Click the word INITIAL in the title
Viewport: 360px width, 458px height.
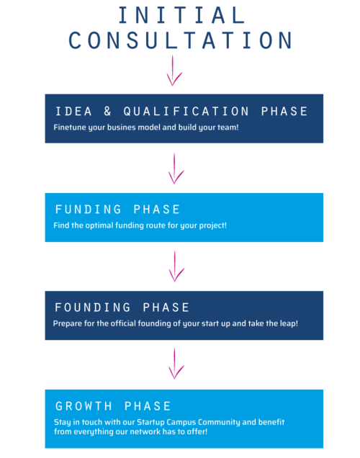pos(181,15)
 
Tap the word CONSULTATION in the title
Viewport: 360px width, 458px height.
pos(181,40)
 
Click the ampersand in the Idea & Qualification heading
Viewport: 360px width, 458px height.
pos(107,111)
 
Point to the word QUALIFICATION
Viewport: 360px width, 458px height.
pos(186,112)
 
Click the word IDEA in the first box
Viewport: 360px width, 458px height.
pos(73,112)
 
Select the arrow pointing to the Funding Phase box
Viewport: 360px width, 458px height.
pos(175,169)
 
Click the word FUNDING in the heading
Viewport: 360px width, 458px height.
pos(88,210)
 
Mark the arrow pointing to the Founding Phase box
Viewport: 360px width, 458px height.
pos(176,266)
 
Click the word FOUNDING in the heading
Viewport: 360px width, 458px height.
pos(93,307)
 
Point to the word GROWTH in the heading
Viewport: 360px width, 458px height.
pos(84,406)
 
